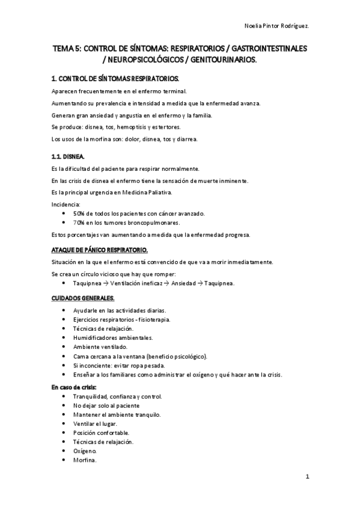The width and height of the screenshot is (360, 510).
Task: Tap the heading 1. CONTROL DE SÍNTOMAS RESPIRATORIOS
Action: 115,79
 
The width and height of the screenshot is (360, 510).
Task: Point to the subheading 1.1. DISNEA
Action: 68,156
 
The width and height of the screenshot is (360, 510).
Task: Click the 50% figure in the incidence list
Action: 78,214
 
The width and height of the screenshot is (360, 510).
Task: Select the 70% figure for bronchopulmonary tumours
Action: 78,222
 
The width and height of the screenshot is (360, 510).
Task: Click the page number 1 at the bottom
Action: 307,477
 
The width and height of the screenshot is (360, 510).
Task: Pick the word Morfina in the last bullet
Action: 84,460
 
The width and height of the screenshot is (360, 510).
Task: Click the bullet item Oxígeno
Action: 84,451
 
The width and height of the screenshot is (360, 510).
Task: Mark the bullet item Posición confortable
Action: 101,433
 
